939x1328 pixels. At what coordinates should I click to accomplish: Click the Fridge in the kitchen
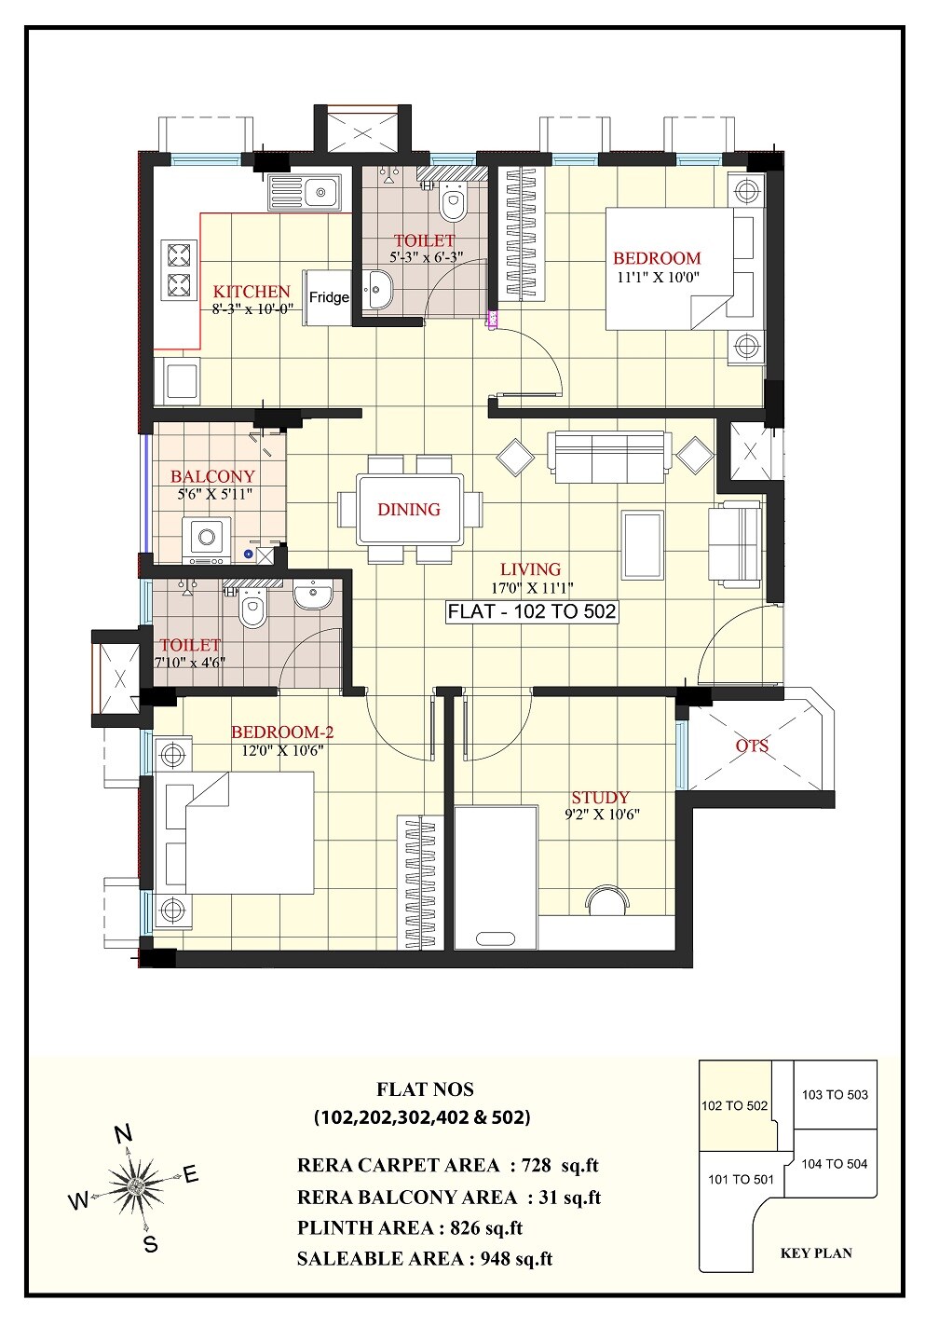[x=328, y=297]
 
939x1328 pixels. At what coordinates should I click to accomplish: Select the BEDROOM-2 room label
[x=282, y=732]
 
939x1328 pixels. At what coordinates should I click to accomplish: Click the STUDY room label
[x=600, y=798]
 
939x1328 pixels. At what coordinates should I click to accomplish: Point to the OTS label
[x=753, y=746]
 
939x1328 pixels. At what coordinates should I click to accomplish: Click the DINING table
[x=410, y=509]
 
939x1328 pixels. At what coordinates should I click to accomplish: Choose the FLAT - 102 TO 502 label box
[x=531, y=612]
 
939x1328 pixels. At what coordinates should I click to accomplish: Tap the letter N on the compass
[x=122, y=1133]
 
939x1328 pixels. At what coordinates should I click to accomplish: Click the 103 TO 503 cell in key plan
[x=835, y=1095]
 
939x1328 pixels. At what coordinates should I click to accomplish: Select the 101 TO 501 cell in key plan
[x=741, y=1179]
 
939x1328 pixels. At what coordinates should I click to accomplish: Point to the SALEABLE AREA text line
[x=425, y=1259]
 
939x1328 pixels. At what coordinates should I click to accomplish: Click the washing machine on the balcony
[x=207, y=540]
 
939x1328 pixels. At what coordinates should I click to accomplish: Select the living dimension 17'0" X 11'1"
[x=531, y=588]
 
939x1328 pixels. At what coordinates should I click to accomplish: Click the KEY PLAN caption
[x=815, y=1253]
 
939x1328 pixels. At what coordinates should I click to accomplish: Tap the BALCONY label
[x=212, y=476]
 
